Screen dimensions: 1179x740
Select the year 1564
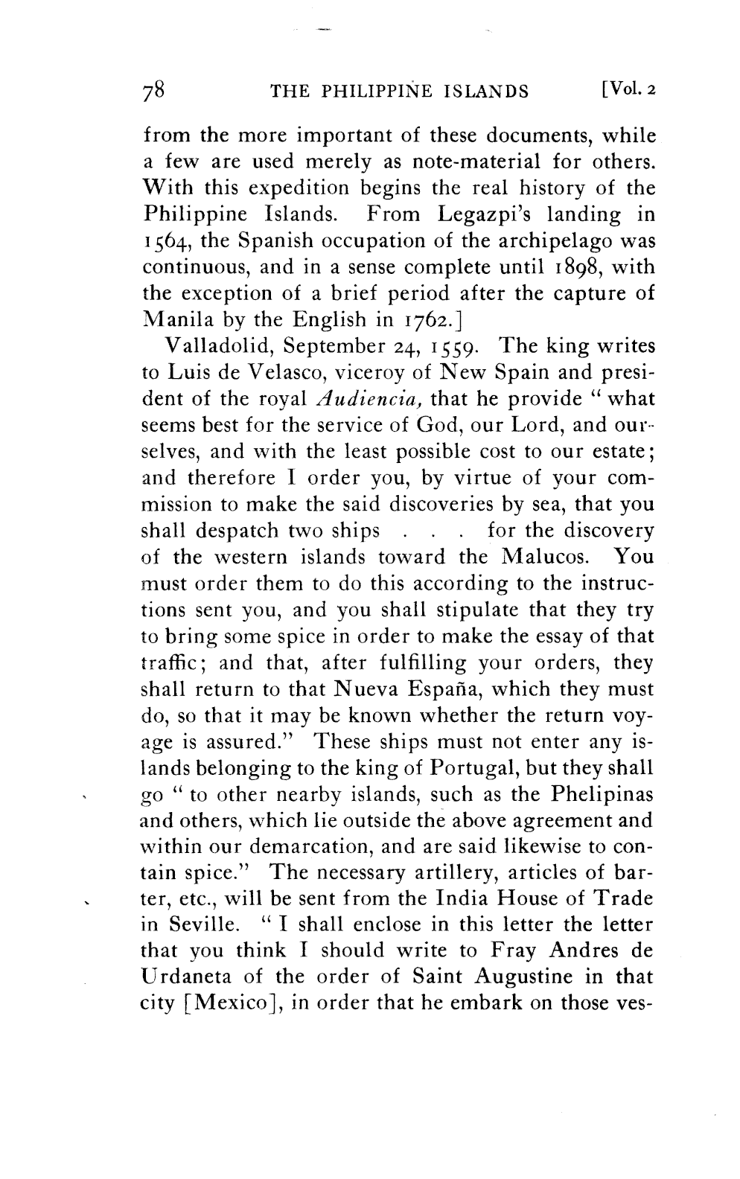tap(164, 242)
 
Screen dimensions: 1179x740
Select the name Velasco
tap(287, 373)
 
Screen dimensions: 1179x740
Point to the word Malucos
tap(546, 557)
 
